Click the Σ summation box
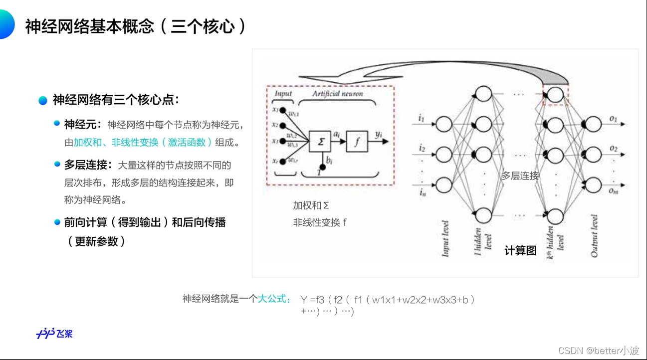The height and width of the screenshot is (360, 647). (x=321, y=142)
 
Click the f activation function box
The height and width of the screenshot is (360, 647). (x=357, y=142)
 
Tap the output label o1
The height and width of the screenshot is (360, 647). (x=613, y=119)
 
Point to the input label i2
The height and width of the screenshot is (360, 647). (x=422, y=148)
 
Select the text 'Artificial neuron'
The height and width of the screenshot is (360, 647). (x=337, y=94)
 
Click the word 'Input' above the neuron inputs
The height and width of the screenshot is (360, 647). (x=283, y=94)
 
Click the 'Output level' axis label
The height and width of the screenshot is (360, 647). (x=594, y=236)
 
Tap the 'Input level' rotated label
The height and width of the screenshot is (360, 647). (x=445, y=238)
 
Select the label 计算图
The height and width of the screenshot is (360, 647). (x=520, y=251)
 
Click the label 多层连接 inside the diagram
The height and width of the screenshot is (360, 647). (x=520, y=176)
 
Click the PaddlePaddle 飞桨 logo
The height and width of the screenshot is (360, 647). (x=54, y=334)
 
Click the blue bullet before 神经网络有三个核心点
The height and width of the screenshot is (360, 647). (x=43, y=100)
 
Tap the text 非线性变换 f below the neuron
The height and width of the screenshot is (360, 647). (x=320, y=222)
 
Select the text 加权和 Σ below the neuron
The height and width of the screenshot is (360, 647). (x=311, y=205)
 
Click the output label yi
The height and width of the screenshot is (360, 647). (x=379, y=134)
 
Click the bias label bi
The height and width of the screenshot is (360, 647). (x=329, y=161)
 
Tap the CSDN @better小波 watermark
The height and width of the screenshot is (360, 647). (x=599, y=351)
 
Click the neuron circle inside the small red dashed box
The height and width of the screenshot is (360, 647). (x=555, y=94)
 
